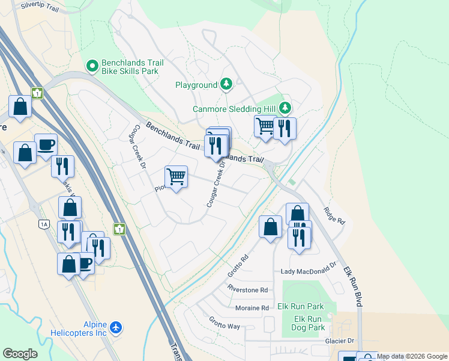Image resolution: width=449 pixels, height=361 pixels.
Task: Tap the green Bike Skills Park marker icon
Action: pyautogui.click(x=92, y=66)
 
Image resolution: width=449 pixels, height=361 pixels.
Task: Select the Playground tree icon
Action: pyautogui.click(x=226, y=84)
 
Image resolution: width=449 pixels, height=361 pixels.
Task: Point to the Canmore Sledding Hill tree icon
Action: pyautogui.click(x=286, y=108)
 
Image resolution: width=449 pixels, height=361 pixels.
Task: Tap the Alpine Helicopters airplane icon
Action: pyautogui.click(x=116, y=328)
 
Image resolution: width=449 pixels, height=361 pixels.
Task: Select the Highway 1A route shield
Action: pyautogui.click(x=43, y=224)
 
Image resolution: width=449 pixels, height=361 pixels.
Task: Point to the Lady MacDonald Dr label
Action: pyautogui.click(x=309, y=272)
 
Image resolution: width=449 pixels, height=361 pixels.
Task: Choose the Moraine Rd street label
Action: pyautogui.click(x=252, y=308)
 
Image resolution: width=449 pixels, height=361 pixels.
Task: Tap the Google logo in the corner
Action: pyautogui.click(x=20, y=354)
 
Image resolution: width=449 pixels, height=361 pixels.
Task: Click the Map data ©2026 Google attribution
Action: pyautogui.click(x=412, y=357)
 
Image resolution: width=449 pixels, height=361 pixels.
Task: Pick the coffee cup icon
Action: pyautogui.click(x=46, y=144)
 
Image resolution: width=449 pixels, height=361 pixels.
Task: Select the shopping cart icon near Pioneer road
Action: pyautogui.click(x=176, y=177)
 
